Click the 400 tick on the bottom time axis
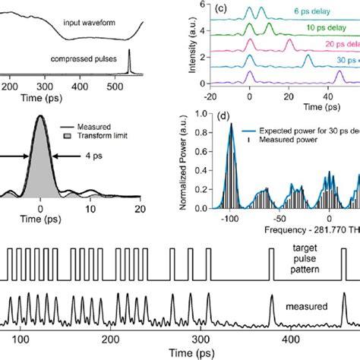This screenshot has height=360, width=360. click(x=289, y=342)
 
